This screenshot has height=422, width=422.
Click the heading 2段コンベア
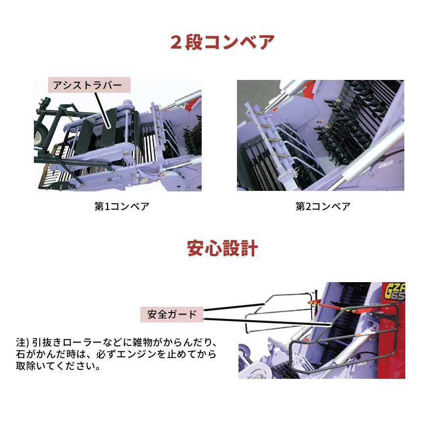coord(222,42)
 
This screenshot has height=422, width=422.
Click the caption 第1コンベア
coord(122,206)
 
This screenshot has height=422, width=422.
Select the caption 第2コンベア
coord(323,206)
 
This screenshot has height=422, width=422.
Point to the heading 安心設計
coord(222,248)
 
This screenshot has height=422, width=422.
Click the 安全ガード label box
coord(172,314)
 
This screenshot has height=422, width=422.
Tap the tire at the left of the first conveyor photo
coord(38,130)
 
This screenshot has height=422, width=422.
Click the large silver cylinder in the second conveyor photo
coord(373,152)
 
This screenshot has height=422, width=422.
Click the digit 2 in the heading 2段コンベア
coord(176,42)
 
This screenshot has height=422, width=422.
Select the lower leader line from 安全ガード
coord(265,322)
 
